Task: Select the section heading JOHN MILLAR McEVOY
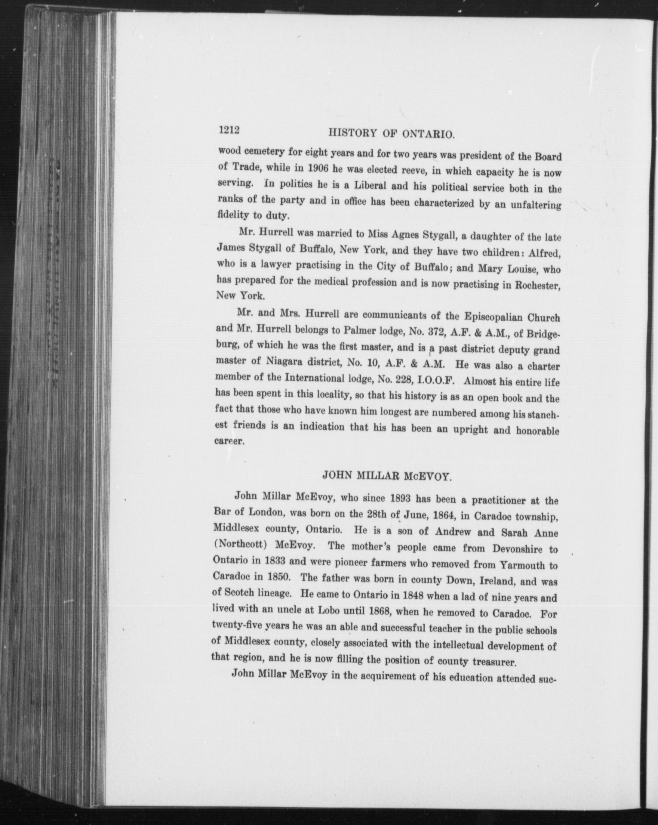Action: click(386, 476)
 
